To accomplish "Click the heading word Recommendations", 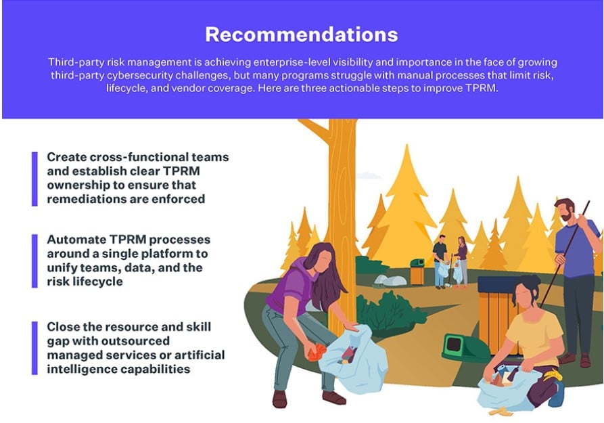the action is tap(301, 35).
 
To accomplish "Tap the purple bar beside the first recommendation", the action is tap(34, 179).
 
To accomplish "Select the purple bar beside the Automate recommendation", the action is tap(34, 261).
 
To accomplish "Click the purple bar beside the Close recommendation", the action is tap(34, 348).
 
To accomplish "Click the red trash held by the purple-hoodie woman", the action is tap(317, 352).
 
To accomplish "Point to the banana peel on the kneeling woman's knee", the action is tap(553, 374).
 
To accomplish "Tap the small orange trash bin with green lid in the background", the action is tap(417, 272).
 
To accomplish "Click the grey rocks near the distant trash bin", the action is tap(390, 280).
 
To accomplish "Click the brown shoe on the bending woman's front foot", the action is tap(334, 398).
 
